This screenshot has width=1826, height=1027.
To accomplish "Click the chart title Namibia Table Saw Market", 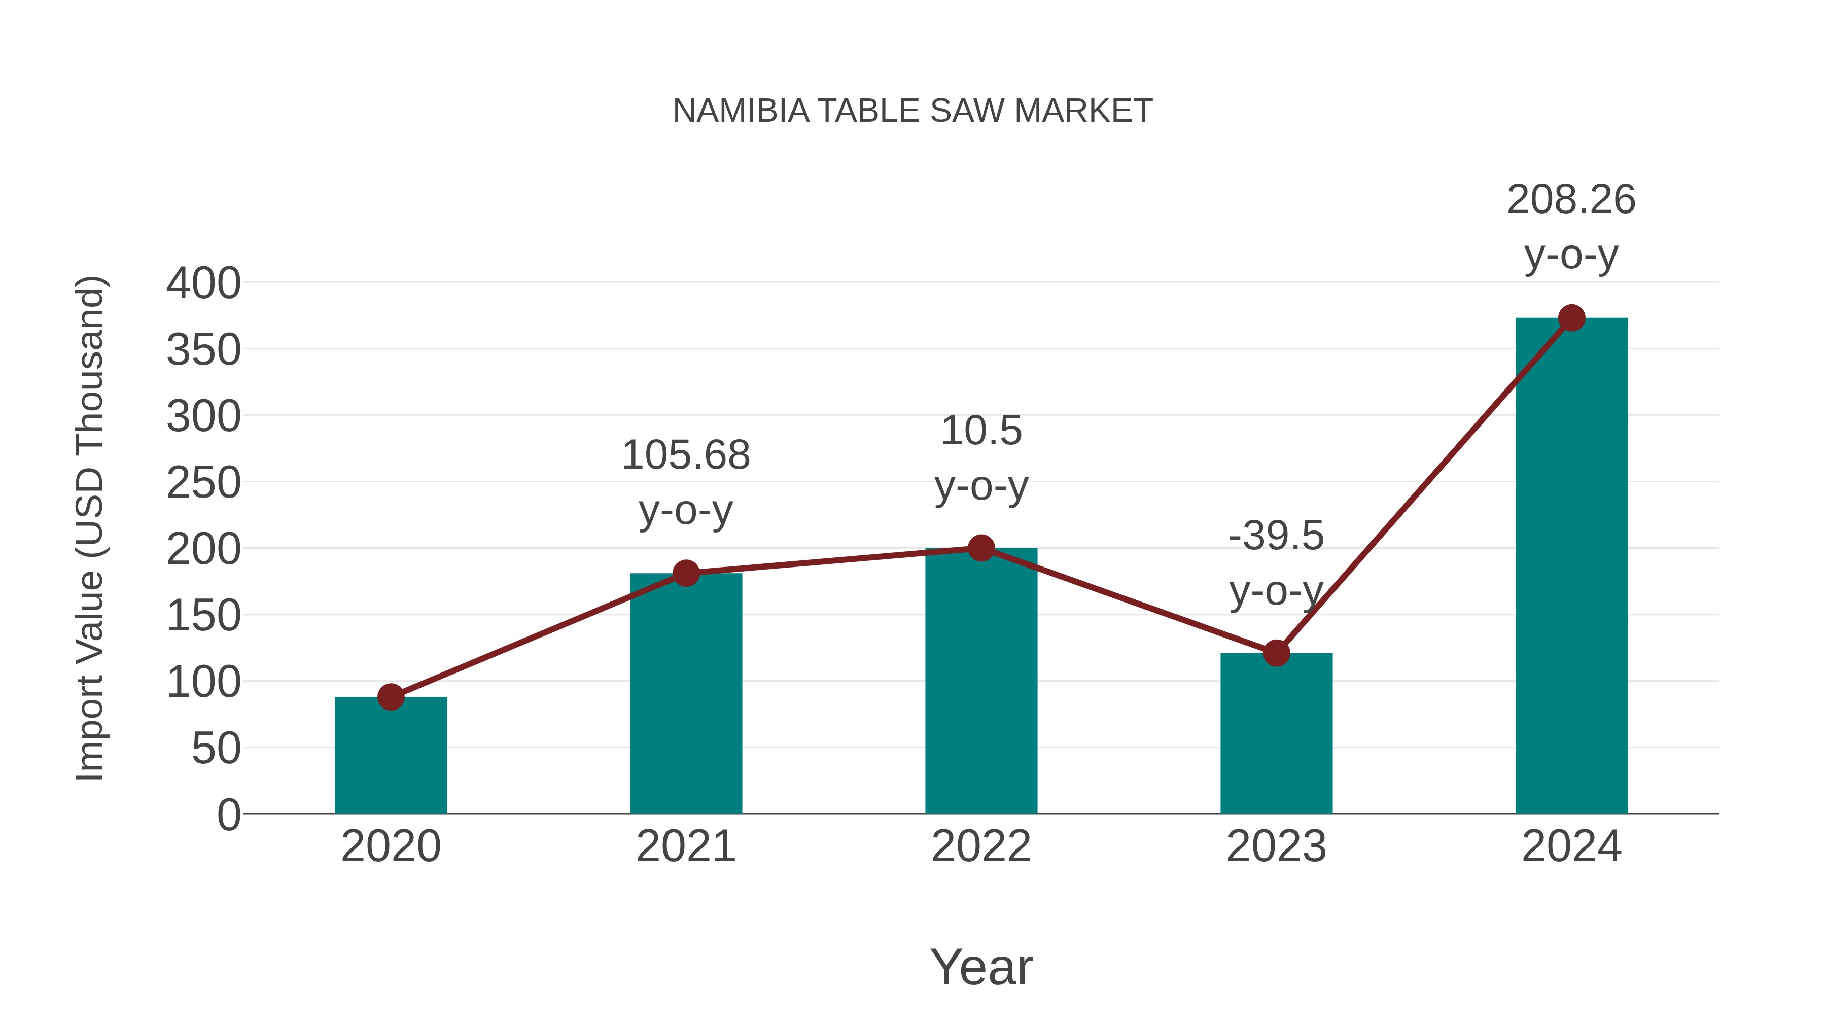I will [912, 111].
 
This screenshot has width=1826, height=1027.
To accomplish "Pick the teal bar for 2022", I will [981, 681].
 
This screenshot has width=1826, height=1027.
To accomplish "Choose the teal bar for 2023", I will [1276, 733].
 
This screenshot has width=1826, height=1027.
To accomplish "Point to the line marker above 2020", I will [391, 697].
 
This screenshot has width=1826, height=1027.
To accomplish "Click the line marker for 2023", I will [1276, 653].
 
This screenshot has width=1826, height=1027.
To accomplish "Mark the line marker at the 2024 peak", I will [1571, 318].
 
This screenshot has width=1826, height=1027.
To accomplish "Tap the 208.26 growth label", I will [1571, 199].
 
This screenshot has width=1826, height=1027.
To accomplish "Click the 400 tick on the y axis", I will [203, 284].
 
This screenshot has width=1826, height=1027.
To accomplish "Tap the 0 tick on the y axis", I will [228, 814].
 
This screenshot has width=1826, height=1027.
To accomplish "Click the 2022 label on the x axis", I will [981, 846].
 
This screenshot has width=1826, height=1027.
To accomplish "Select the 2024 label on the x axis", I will [1571, 846].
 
